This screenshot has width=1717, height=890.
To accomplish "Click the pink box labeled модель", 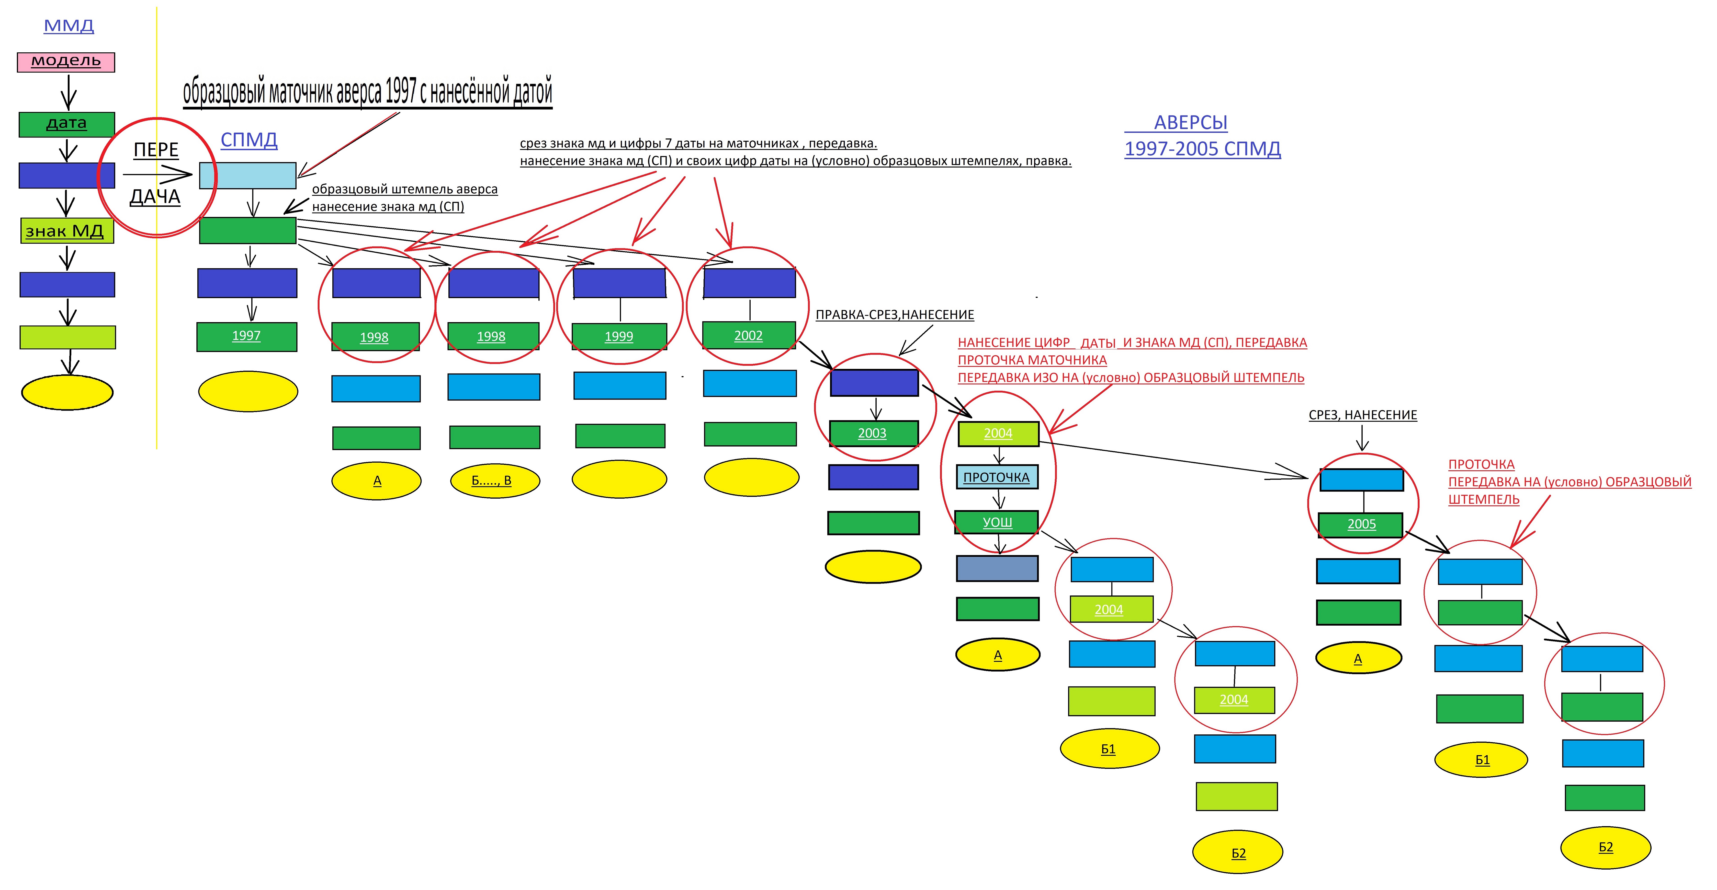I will coord(66,62).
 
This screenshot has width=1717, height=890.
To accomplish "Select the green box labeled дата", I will coord(67,124).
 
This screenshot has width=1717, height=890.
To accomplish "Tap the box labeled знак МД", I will coord(67,231).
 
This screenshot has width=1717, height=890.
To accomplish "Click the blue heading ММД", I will coord(69,26).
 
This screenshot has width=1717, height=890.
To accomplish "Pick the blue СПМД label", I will coord(248,140).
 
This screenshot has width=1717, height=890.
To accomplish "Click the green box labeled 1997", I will coord(247,336).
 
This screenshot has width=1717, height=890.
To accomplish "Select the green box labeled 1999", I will coord(619,336).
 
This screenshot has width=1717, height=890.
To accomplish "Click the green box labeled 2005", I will coord(1361,524).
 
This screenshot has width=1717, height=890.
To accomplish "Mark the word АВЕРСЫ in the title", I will coord(1190,123).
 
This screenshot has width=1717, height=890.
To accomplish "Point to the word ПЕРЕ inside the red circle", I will coord(156,150).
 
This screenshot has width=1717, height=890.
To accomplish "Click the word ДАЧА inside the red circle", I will coord(155,197).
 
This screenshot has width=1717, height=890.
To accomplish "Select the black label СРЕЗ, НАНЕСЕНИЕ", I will coord(1362,415).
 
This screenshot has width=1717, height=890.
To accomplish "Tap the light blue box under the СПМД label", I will coord(247,175).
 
